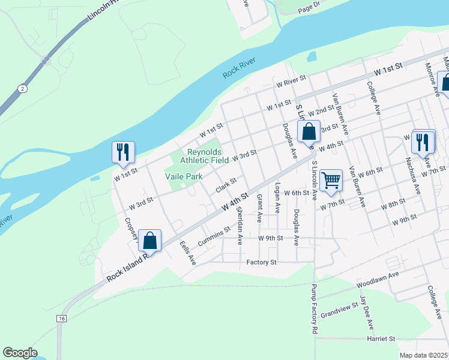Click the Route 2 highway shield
pos(22,89)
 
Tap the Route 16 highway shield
pos(62,319)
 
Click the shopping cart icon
pos(331,180)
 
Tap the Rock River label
pos(240,67)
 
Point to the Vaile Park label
pos(184,176)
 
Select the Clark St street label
pos(226,184)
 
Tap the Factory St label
pos(261,262)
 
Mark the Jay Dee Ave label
pos(366,311)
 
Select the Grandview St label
pos(339,310)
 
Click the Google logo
pos(20,353)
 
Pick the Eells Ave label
pos(188,253)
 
